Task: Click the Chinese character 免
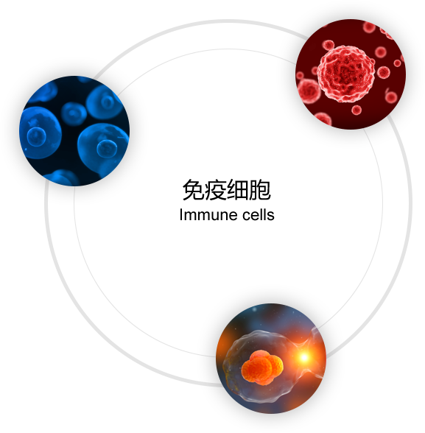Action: tap(193, 190)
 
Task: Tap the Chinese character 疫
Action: tap(215, 190)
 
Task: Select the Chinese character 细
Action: tap(237, 190)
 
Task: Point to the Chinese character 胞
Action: tap(259, 190)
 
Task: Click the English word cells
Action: tap(259, 215)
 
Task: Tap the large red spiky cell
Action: tap(346, 74)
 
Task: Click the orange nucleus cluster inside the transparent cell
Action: tap(262, 367)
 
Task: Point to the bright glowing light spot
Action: tap(304, 357)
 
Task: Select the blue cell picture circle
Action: tap(74, 131)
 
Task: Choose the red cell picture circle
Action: tap(351, 74)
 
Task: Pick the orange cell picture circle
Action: tap(271, 359)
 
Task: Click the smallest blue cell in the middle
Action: tap(74, 113)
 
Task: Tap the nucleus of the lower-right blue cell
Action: tap(107, 149)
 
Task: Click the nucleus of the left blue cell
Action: tap(36, 136)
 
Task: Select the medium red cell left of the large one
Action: tap(309, 91)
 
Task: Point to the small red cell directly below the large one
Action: tap(356, 110)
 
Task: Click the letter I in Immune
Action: tap(181, 215)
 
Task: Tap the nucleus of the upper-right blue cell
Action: tap(107, 102)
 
